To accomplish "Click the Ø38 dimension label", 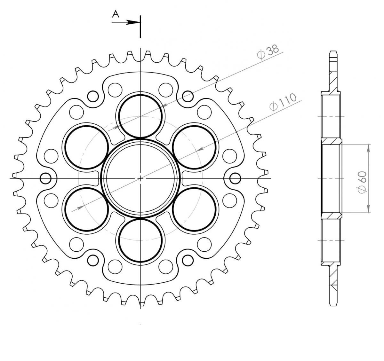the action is pyautogui.click(x=268, y=51).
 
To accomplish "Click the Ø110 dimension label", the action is pyautogui.click(x=283, y=102).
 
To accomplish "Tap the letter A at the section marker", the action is pyautogui.click(x=116, y=14).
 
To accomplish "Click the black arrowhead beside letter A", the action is pyautogui.click(x=133, y=22).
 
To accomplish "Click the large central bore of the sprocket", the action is pyautogui.click(x=140, y=178).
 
